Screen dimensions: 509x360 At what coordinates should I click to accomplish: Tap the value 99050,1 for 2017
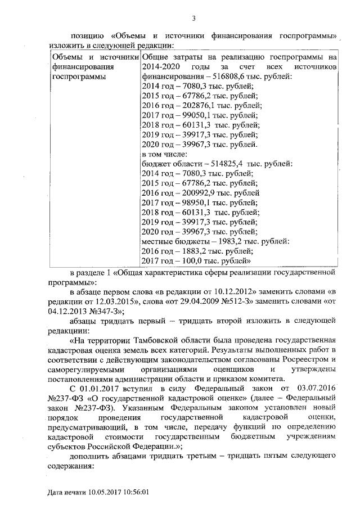point(191,115)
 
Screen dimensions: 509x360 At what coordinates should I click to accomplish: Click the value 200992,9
point(192,193)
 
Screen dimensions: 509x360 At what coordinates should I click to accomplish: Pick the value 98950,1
point(191,202)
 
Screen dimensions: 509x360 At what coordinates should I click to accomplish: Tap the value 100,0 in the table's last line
point(188,261)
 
